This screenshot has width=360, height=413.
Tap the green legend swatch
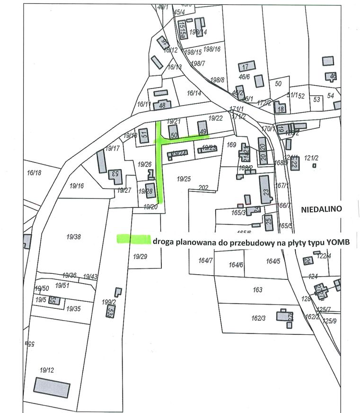pos(133,239)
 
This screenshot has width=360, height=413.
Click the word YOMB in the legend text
pos(338,242)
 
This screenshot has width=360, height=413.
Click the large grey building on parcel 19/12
pos(52,388)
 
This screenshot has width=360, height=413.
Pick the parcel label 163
pos(257,289)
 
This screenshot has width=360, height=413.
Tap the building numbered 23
pos(265,189)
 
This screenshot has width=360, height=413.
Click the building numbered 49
pos(202,128)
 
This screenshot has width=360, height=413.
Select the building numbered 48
pos(162,105)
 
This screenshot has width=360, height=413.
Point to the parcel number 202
pos(203,188)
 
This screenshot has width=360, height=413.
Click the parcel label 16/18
pos(35,173)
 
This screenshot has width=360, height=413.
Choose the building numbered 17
pos(246,66)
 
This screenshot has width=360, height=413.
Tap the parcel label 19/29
pos(140,257)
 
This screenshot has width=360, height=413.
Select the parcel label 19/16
pos(76,186)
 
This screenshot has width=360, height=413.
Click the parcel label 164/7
pos(206,260)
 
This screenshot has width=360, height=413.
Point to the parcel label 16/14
pos(194,93)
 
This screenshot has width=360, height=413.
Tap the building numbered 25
pos(269,222)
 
